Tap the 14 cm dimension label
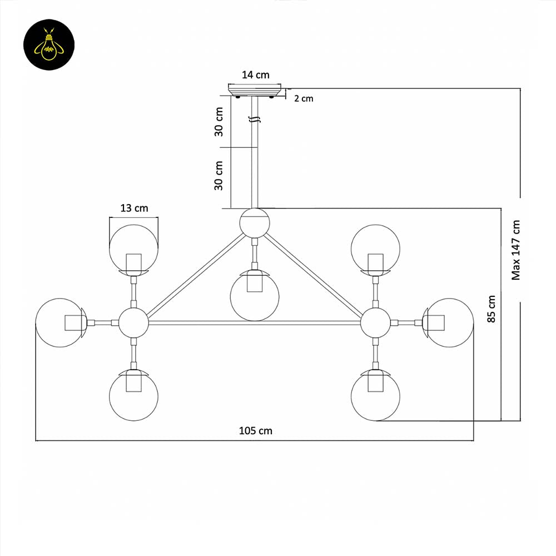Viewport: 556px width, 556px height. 256,75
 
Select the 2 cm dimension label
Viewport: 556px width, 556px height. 304,98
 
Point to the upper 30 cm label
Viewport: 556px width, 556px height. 220,122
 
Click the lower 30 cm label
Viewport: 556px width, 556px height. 220,176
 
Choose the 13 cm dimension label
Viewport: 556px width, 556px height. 134,208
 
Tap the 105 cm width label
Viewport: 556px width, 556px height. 256,430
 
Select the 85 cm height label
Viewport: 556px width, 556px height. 491,309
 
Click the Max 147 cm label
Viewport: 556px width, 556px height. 517,250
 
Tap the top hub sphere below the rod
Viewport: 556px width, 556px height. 255,222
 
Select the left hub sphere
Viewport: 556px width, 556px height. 133,322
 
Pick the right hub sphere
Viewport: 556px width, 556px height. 375,322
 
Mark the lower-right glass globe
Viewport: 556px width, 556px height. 375,396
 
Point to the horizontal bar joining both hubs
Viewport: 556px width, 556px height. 255,322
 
